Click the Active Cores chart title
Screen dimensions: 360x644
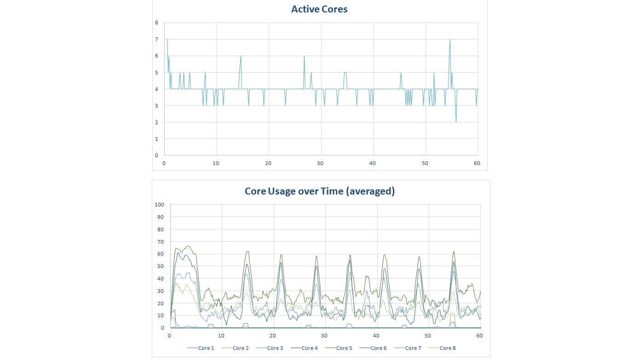(x=319, y=9)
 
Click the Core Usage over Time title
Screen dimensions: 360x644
(x=320, y=191)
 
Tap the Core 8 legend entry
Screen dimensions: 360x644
(x=448, y=348)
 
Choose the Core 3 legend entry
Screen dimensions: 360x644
(x=275, y=348)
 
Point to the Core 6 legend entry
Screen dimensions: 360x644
(x=379, y=348)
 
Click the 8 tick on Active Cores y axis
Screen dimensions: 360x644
(x=156, y=23)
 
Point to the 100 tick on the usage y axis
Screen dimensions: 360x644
(x=160, y=205)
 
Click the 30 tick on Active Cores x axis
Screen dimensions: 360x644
(x=320, y=163)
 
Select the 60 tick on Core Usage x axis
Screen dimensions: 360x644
(x=480, y=336)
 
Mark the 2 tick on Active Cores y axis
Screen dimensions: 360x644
(x=156, y=122)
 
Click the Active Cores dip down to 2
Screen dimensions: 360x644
(x=456, y=122)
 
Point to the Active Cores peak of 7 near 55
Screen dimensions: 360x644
(x=450, y=40)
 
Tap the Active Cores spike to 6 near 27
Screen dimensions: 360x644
(x=304, y=57)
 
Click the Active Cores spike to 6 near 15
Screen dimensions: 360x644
(x=241, y=57)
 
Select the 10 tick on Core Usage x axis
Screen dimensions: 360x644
(x=221, y=336)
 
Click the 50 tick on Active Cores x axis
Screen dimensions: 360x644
(x=425, y=163)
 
